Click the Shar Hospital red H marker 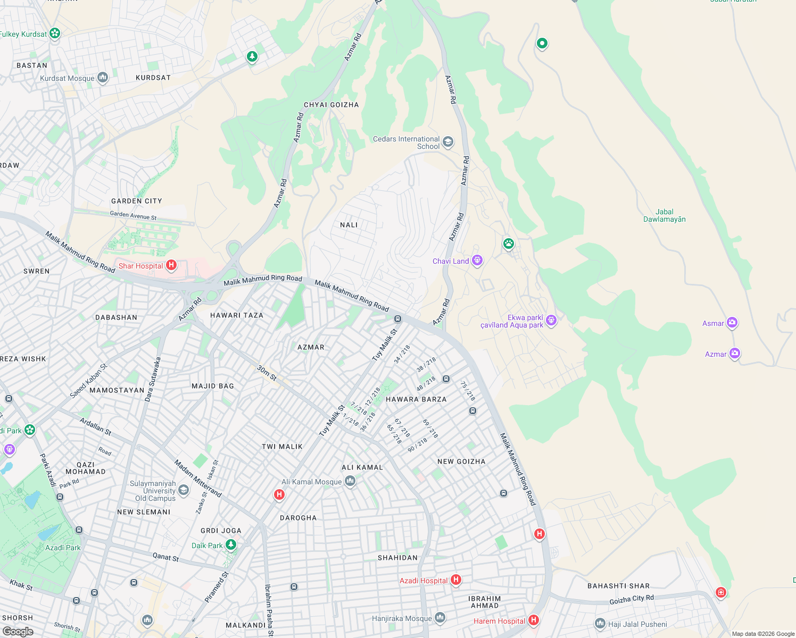click(171, 265)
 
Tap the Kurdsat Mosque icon click(103, 78)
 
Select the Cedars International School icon click(448, 141)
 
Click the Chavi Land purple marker click(477, 261)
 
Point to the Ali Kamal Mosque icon click(350, 481)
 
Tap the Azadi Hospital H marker click(456, 580)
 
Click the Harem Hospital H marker click(534, 620)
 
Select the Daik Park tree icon click(231, 544)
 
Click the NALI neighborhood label click(349, 225)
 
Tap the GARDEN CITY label click(137, 201)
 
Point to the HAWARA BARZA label click(416, 399)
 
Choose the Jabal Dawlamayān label click(665, 215)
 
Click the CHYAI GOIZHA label click(331, 105)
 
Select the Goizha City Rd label click(632, 600)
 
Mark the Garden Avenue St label click(134, 215)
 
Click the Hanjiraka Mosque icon click(440, 617)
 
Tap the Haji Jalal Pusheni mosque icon click(600, 623)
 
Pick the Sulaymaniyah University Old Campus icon click(184, 490)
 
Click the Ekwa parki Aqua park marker click(551, 320)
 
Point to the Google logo click(18, 631)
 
